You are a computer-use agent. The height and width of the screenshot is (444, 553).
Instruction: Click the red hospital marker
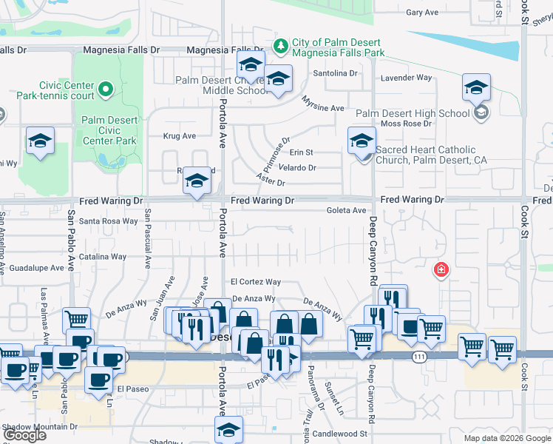pyautogui.click(x=441, y=269)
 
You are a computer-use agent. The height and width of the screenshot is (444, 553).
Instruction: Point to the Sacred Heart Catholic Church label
pyautogui.click(x=431, y=155)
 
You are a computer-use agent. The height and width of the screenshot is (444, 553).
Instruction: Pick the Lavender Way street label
pyautogui.click(x=405, y=78)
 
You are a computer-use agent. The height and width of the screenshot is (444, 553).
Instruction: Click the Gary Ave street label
pyautogui.click(x=422, y=13)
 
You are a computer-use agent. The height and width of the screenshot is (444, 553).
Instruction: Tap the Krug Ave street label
pyautogui.click(x=180, y=136)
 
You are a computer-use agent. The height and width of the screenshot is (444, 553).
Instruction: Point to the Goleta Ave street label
pyautogui.click(x=347, y=211)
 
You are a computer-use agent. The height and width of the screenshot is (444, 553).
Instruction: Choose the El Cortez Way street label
pyautogui.click(x=255, y=282)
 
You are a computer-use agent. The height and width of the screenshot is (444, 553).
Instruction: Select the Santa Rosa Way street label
pyautogui.click(x=109, y=221)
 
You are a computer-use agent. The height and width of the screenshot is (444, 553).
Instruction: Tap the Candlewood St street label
pyautogui.click(x=340, y=434)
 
